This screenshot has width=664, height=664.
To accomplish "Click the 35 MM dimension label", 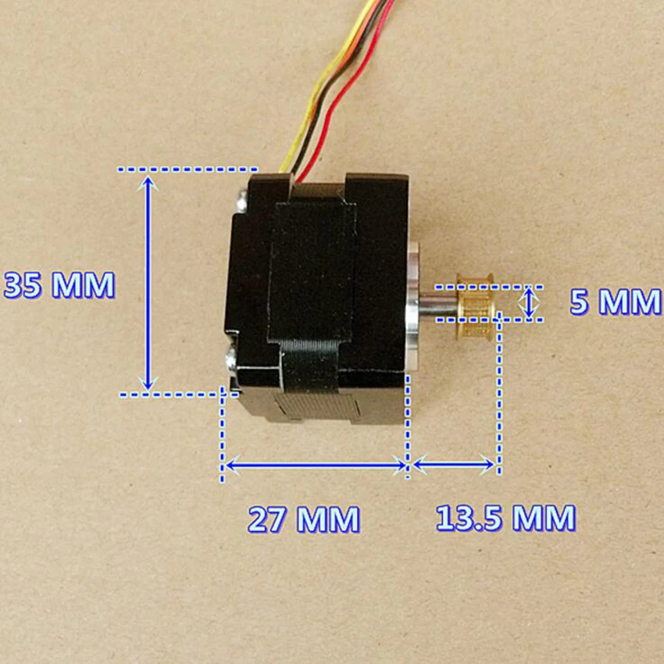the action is coord(59,285).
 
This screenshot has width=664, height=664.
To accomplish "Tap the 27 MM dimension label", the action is coord(304,519).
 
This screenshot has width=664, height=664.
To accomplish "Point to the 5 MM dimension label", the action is coord(616,302).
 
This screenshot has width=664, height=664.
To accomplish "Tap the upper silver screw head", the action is coord(242,201).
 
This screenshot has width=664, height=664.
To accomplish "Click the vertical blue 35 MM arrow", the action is coord(148,283).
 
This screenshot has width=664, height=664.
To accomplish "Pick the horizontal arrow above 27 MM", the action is coord(316,466).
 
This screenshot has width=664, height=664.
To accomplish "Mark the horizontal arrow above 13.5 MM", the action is coord(454,465).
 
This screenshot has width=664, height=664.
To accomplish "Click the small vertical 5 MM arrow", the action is coord(530,302).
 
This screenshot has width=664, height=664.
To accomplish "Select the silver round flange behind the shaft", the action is coord(412,305).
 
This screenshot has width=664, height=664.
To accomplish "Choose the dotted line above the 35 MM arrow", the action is coord(187,170).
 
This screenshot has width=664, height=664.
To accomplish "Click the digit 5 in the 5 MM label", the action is coord(580,302).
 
